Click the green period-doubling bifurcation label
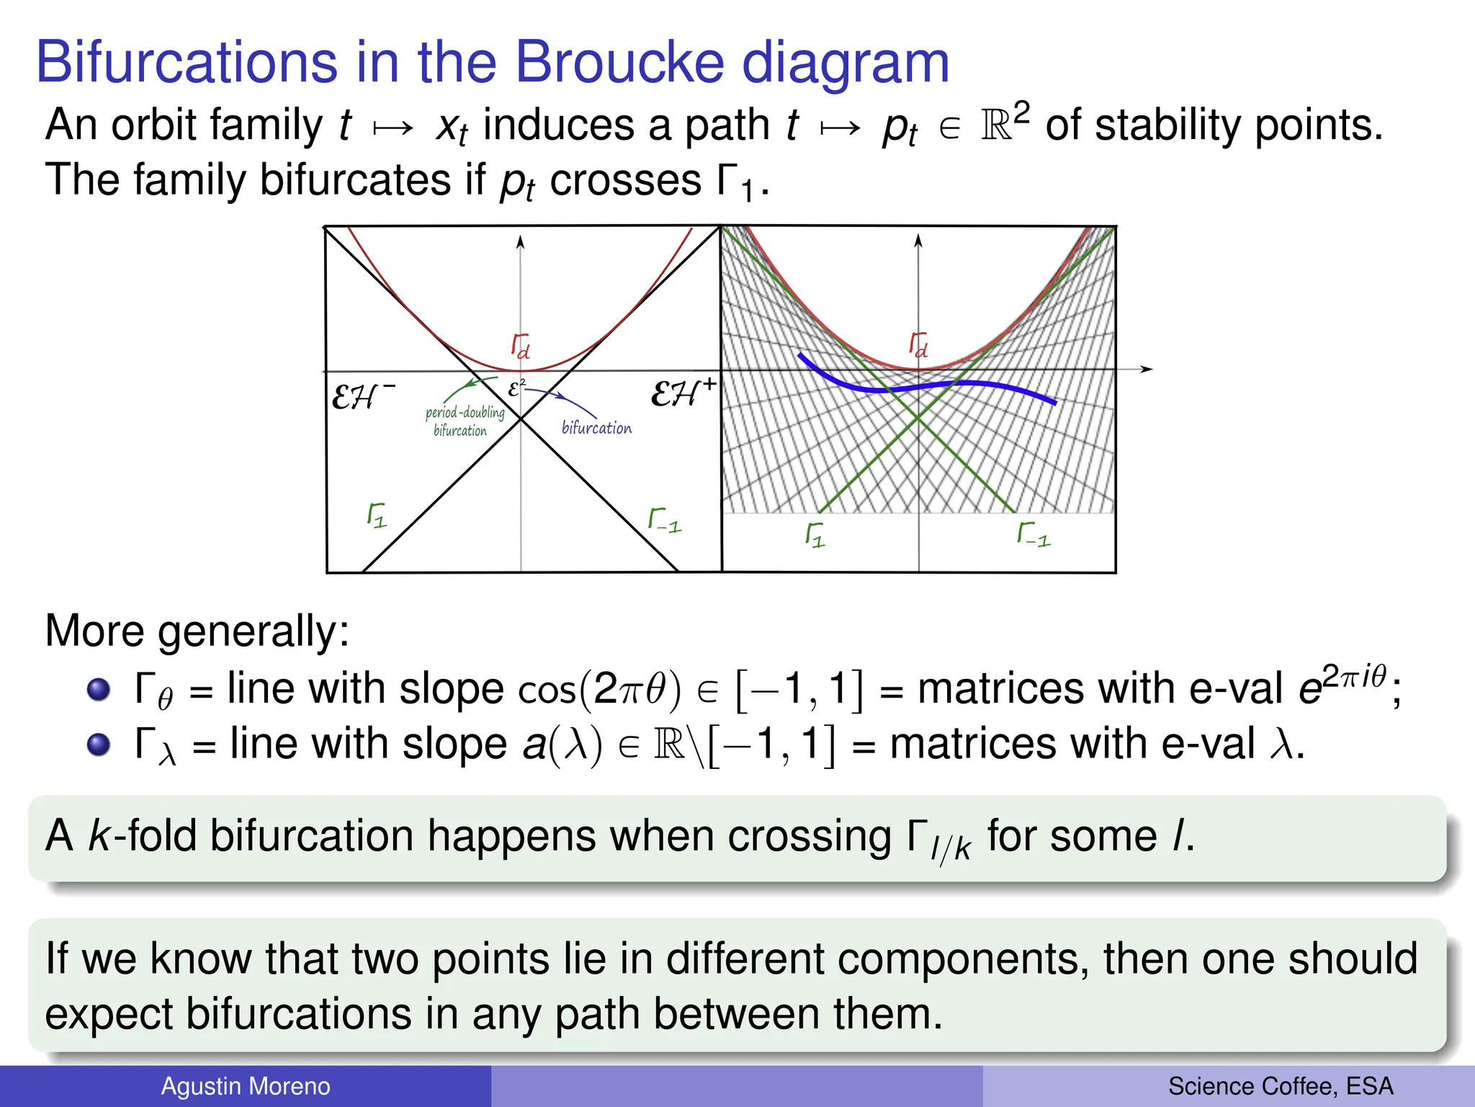(x=464, y=421)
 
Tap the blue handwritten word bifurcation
(x=596, y=428)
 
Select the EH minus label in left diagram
(x=362, y=396)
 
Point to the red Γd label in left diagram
(x=520, y=346)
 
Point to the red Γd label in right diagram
(x=918, y=344)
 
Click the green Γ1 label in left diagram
(x=377, y=515)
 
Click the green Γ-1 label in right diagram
(x=1034, y=534)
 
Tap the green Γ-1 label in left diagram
(x=664, y=520)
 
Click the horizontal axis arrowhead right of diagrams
(x=1147, y=369)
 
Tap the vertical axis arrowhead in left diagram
(x=520, y=242)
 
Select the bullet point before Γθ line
(x=99, y=690)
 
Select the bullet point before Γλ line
(x=99, y=744)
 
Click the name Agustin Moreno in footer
(x=246, y=1086)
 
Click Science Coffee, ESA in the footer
(x=1281, y=1086)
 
